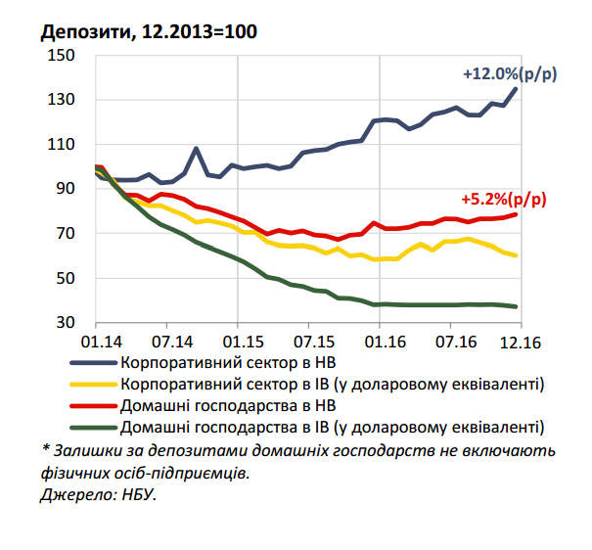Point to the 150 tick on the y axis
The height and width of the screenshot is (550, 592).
pos(64,55)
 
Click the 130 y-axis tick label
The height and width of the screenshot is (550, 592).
pos(64,100)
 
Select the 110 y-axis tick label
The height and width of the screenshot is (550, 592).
pos(64,144)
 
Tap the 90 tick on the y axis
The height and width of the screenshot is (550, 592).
pos(68,189)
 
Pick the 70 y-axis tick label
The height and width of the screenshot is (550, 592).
pos(68,234)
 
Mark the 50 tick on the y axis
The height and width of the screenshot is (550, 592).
pos(68,279)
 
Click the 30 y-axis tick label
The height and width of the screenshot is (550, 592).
pos(68,323)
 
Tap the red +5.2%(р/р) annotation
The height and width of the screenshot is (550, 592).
pos(504,198)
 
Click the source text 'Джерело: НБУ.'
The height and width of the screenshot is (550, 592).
pos(99,495)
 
